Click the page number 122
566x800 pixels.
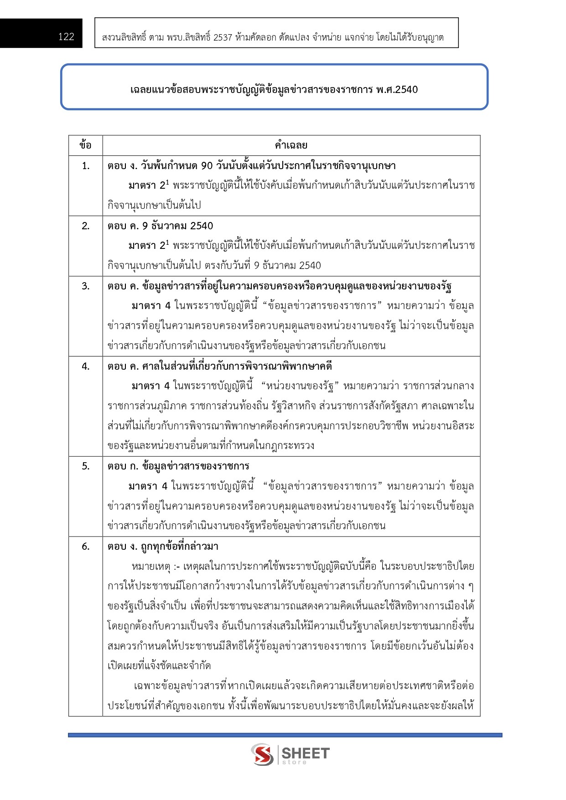66,37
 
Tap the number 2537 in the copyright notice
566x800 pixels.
223,37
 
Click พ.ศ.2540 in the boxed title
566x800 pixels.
397,89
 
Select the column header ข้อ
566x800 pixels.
85,145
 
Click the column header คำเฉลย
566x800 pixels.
291,145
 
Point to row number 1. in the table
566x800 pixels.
86,165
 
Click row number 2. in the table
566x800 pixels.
86,226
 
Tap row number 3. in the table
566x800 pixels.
86,286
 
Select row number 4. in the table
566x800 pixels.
86,366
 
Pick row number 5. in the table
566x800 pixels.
86,466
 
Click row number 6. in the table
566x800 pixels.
86,546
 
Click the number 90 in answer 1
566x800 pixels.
207,165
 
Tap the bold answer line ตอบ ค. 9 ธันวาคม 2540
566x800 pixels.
161,226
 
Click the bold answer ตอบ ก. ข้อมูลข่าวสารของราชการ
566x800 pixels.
178,466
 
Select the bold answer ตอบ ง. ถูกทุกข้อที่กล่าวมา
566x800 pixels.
163,546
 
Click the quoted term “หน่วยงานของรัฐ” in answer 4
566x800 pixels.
300,386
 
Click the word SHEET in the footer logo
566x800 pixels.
305,753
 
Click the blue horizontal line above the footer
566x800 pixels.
285,735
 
